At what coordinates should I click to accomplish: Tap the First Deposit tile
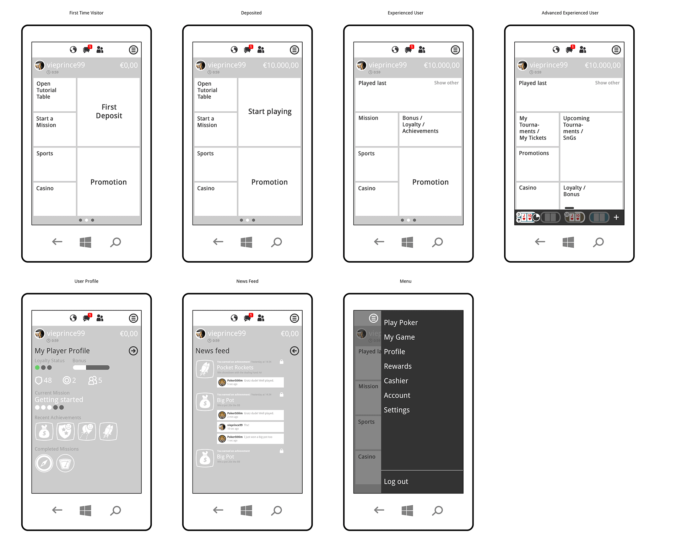109,112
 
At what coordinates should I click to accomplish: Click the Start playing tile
270,112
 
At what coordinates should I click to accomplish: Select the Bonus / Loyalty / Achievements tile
430,129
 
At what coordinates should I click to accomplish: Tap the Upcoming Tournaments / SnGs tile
591,146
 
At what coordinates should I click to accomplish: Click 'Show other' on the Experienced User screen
446,83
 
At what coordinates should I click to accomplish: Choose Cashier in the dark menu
396,381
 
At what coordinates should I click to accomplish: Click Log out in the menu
396,482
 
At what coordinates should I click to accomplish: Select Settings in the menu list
397,410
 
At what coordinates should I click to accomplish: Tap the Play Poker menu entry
401,323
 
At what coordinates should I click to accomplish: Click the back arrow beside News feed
294,351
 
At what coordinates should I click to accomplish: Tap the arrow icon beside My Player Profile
134,351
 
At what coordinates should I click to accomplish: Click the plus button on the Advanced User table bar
616,217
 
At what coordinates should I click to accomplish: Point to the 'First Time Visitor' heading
86,13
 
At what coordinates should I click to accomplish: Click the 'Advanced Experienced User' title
570,13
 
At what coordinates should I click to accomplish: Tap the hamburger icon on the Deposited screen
294,50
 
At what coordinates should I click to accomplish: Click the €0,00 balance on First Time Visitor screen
129,65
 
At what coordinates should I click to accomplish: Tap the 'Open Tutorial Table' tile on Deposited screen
215,94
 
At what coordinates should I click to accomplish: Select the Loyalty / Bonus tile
591,195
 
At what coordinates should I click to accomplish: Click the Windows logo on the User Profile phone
85,511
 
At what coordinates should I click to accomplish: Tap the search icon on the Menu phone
438,511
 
